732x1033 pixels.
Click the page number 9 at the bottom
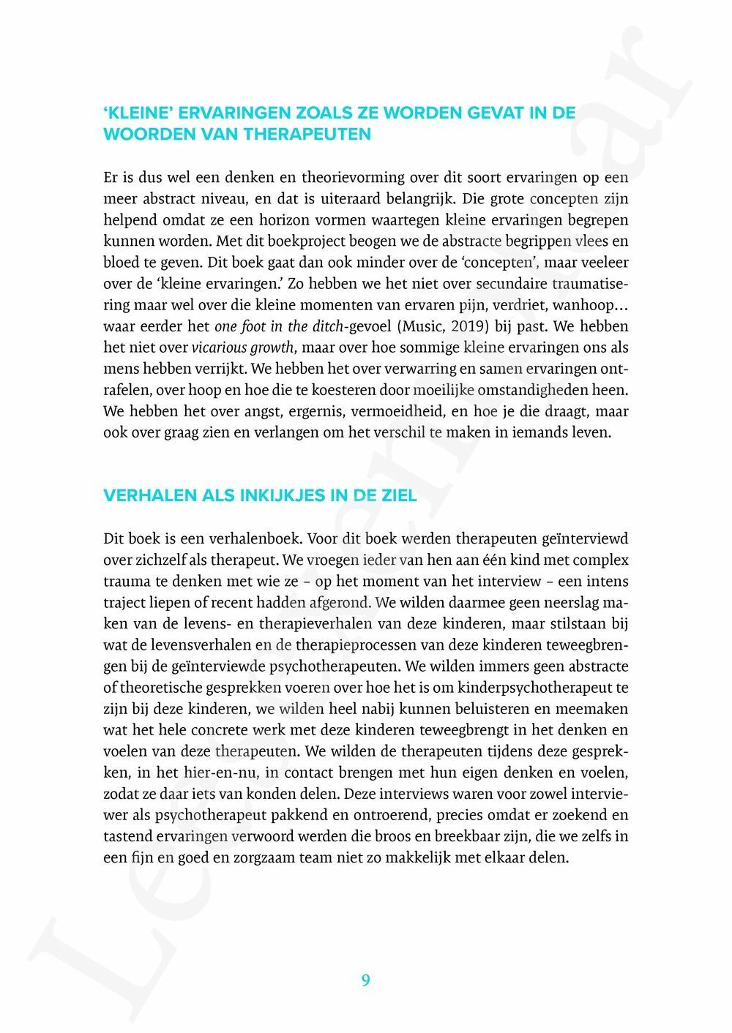coord(365,980)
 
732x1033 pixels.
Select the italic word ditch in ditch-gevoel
coord(326,326)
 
